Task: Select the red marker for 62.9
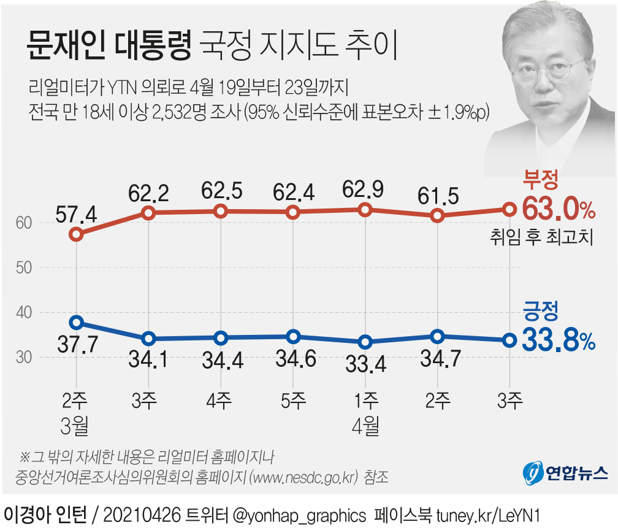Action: tap(365, 210)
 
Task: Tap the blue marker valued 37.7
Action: tap(76, 322)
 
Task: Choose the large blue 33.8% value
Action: tap(559, 341)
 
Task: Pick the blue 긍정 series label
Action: tap(540, 312)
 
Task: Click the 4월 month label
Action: tap(365, 424)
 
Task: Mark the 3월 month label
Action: tap(76, 424)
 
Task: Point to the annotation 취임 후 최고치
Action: tap(542, 237)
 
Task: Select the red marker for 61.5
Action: tap(437, 215)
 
